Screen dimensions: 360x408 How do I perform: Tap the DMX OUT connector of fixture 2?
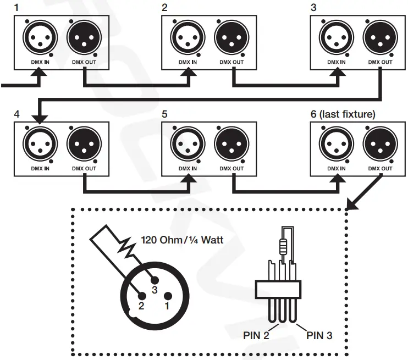click(x=231, y=39)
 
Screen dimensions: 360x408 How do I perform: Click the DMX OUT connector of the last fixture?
click(x=380, y=145)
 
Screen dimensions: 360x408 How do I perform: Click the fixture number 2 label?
click(x=165, y=8)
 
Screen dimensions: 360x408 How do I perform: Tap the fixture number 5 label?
click(x=165, y=115)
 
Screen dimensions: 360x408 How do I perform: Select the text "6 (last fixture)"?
click(x=343, y=115)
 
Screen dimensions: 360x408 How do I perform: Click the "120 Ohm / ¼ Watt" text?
click(x=181, y=240)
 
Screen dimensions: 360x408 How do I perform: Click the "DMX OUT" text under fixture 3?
click(x=380, y=62)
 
